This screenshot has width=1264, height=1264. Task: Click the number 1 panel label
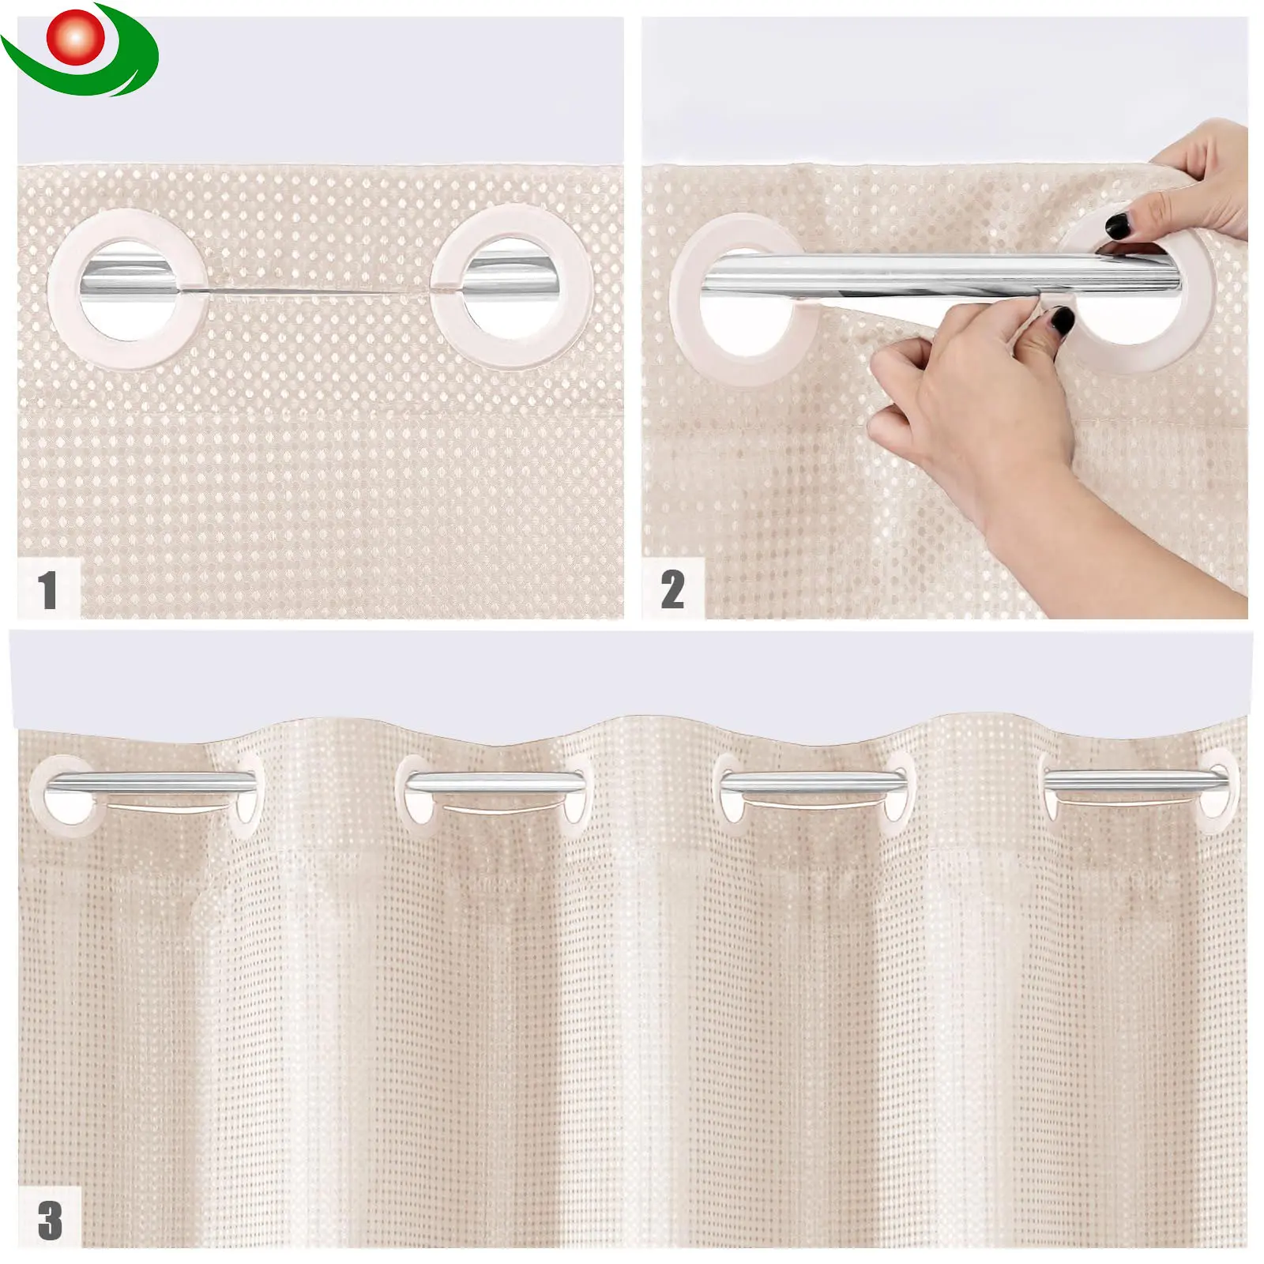point(47,589)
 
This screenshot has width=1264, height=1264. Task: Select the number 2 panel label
point(672,589)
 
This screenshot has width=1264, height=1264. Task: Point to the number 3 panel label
point(49,1220)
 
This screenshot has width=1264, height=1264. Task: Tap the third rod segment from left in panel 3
point(815,782)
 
